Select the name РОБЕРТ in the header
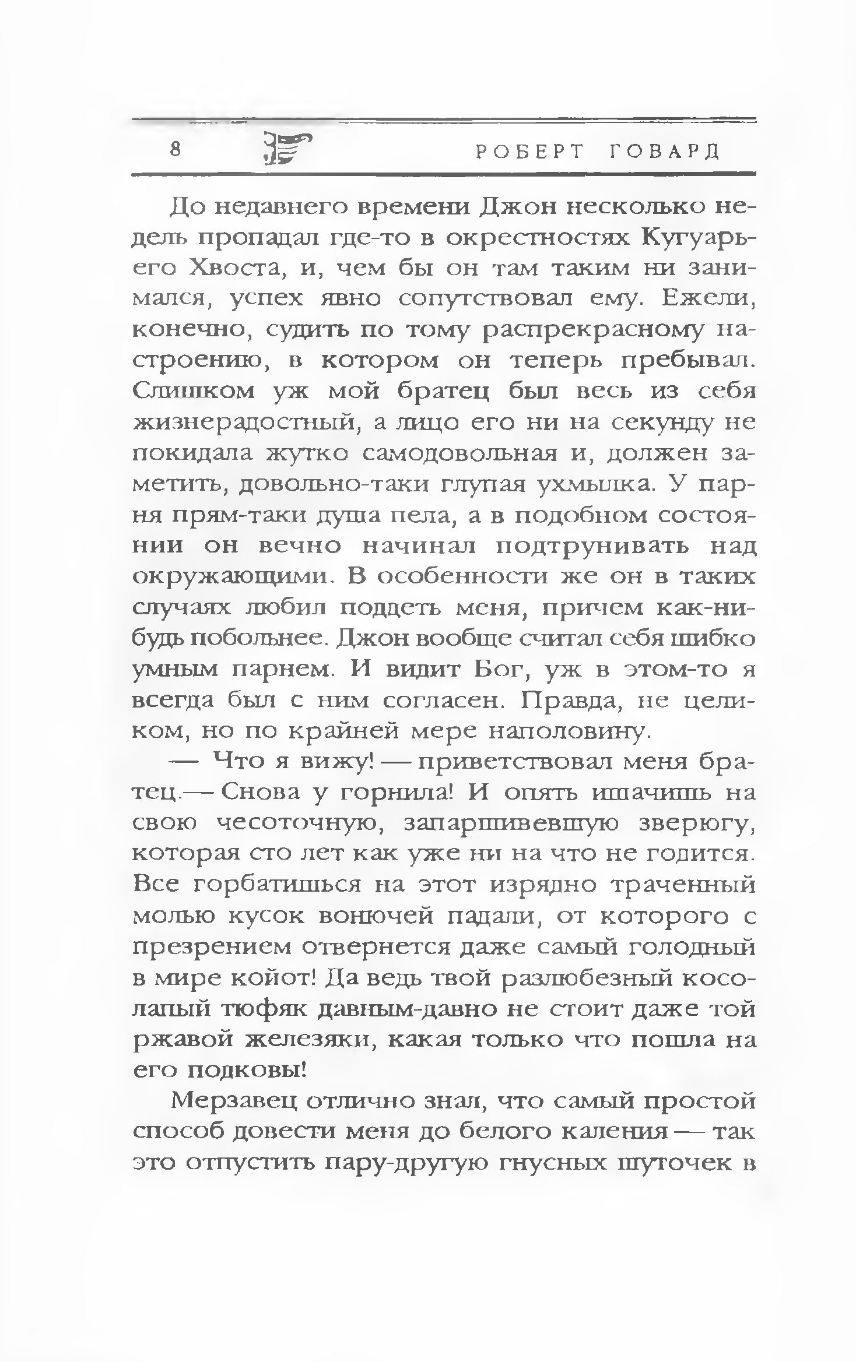click(x=529, y=152)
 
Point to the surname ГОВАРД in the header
click(x=664, y=152)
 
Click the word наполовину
click(x=567, y=731)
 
